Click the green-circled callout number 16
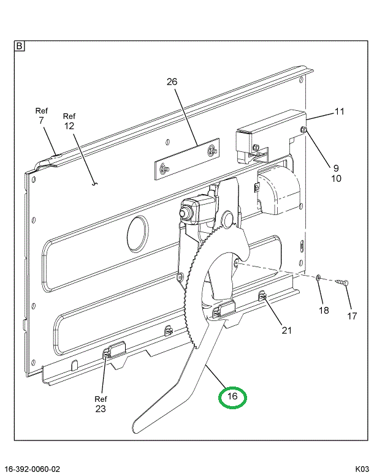[232, 397]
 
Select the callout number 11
[339, 111]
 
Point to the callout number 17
[352, 316]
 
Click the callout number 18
[323, 310]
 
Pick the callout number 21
[286, 331]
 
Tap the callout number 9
[336, 168]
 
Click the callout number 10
[336, 179]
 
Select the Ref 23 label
[101, 404]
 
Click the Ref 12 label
[69, 121]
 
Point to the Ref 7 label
[41, 116]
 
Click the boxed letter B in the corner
[20, 46]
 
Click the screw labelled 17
[342, 282]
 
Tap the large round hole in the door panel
[137, 233]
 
